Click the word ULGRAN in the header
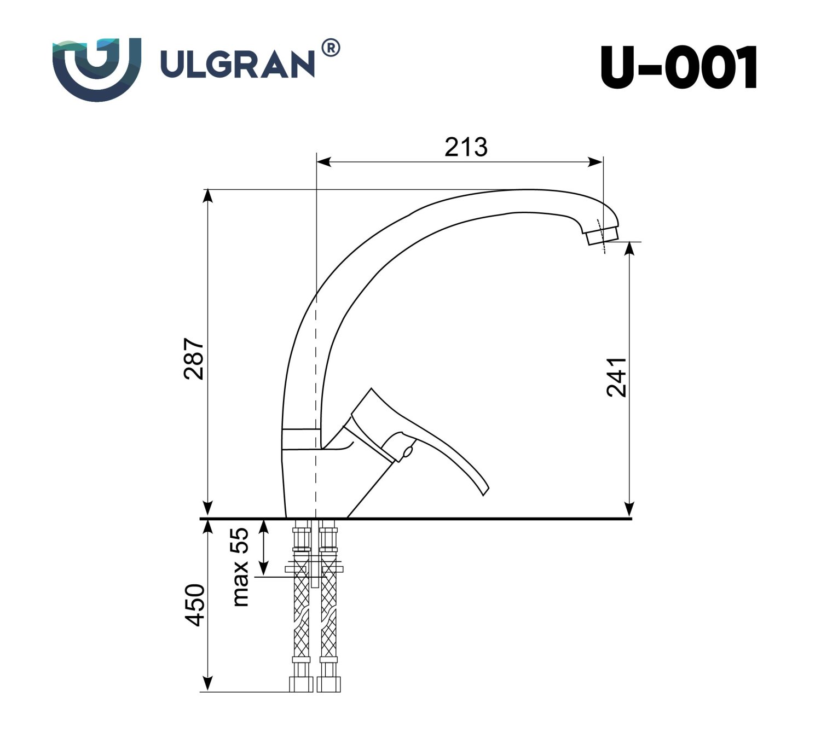[236, 64]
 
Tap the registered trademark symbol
[331, 49]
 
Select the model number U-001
[679, 67]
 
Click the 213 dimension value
[466, 147]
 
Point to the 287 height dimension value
[195, 359]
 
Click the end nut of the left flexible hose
[301, 684]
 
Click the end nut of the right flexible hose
[330, 684]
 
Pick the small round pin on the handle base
[407, 452]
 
